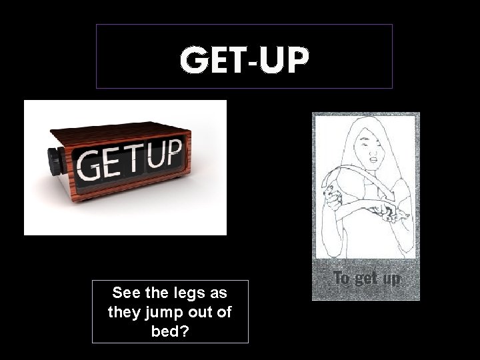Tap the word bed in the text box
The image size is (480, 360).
pyautogui.click(x=166, y=330)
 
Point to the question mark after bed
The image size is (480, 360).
pyautogui.click(x=183, y=330)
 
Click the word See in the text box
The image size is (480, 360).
pyautogui.click(x=127, y=293)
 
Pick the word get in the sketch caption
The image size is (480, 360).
pyautogui.click(x=366, y=279)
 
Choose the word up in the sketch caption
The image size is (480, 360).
pyautogui.click(x=391, y=279)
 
